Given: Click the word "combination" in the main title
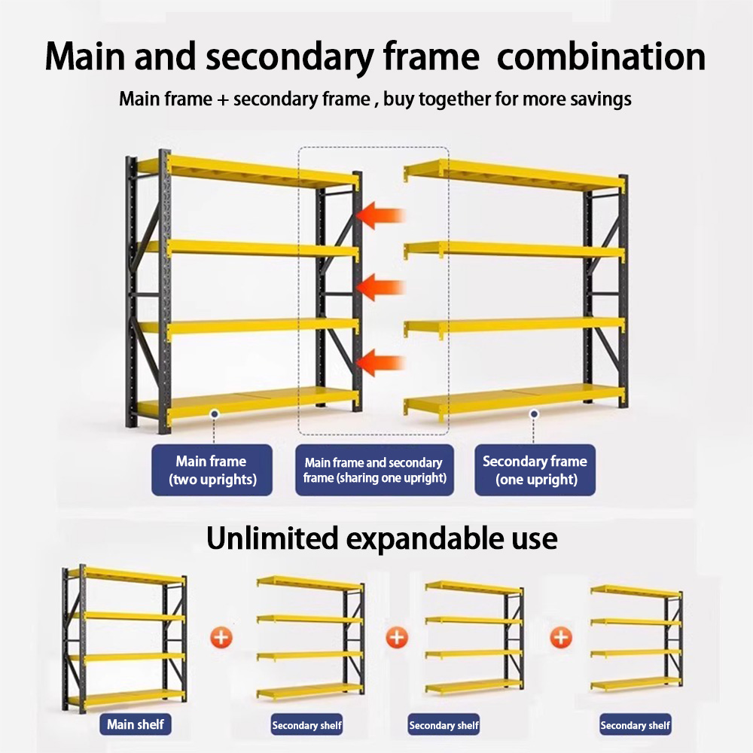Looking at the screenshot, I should point(601,57).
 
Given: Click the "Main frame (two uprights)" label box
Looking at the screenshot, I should point(212,470).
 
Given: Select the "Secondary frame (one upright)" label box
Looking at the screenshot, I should point(535,470).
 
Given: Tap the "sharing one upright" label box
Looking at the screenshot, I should point(374,470).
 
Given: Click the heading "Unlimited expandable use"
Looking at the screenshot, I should point(382,538).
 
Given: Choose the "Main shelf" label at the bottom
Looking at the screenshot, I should point(136,724).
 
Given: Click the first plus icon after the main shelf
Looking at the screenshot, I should point(221,638).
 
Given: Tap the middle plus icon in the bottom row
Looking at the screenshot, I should point(397,638).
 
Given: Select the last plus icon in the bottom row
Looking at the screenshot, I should point(561,638).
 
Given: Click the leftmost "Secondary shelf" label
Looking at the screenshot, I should point(306,725).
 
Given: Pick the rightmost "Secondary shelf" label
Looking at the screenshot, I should point(635,725).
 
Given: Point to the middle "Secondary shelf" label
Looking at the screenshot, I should point(444,725).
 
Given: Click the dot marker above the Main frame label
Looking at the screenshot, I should point(215,413).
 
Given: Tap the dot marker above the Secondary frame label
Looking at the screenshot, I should point(534,413).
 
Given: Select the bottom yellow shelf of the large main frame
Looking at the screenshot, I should point(248,405).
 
